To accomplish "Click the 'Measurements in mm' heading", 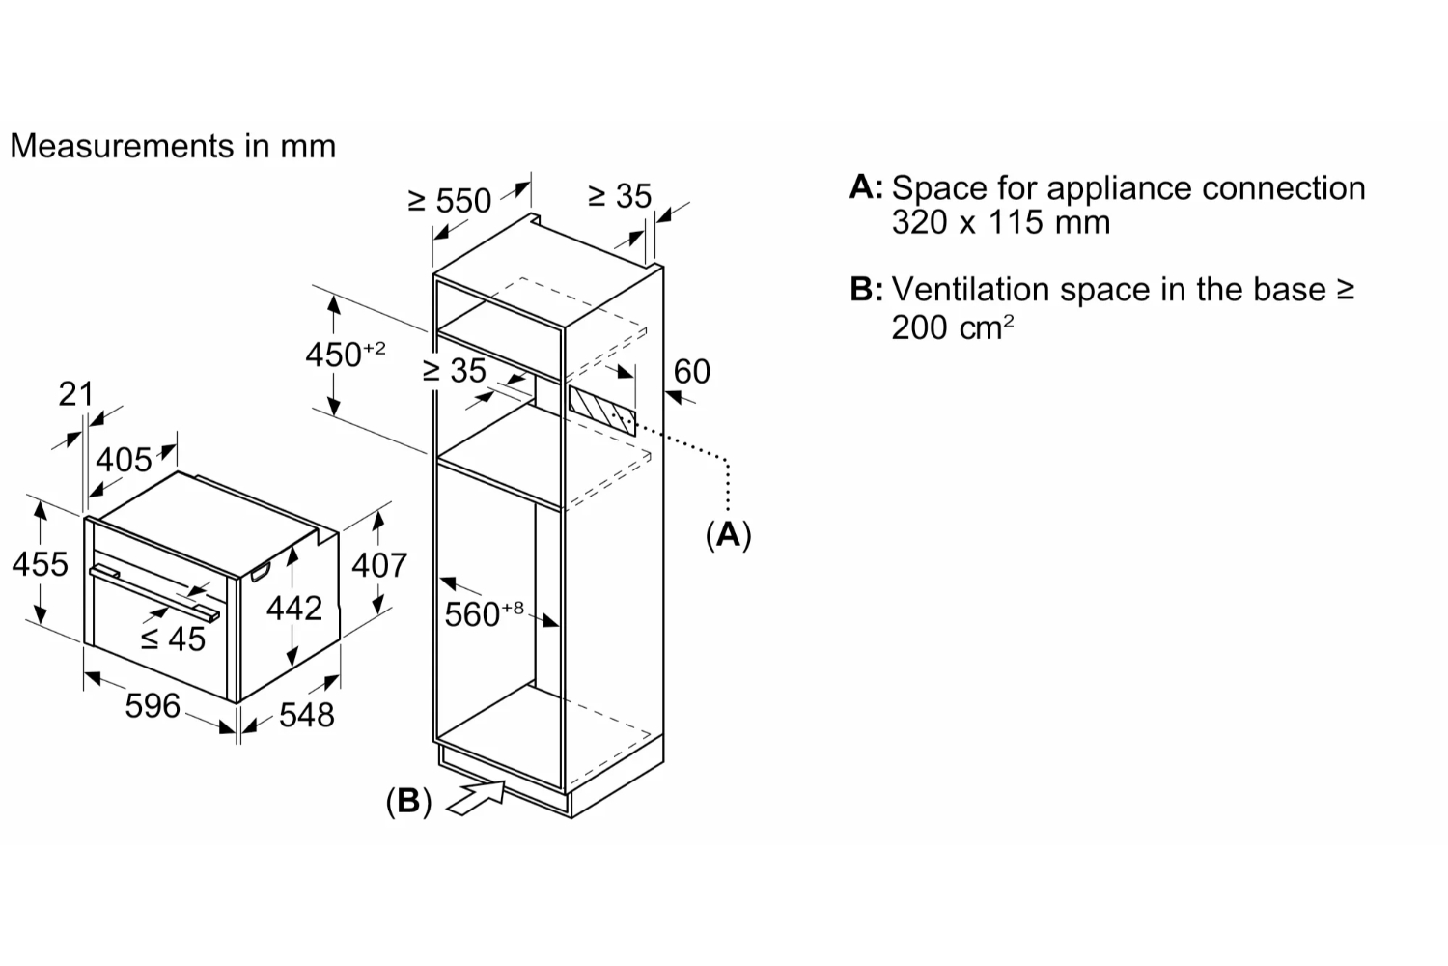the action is point(173,146).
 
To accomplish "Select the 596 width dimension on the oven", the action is point(153,705).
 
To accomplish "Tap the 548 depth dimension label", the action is point(306,715).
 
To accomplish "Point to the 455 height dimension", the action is point(41,563).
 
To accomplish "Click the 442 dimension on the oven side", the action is point(294,609).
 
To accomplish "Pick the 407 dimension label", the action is point(379,565).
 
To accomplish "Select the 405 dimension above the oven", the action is point(125,460).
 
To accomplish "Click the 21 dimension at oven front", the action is point(75,393).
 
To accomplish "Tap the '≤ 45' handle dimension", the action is point(173,639).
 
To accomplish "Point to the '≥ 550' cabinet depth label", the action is point(450,201).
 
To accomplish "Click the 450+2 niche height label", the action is point(346,354).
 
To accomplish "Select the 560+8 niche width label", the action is point(485,613).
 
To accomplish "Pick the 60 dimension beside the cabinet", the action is point(692,371).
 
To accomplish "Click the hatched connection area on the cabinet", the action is point(601,412).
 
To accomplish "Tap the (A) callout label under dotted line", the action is point(729,535).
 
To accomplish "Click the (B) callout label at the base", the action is point(408,801).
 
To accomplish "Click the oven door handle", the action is point(154,593).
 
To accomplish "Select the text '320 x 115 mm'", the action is point(1001,222).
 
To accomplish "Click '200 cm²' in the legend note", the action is point(953,327).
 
